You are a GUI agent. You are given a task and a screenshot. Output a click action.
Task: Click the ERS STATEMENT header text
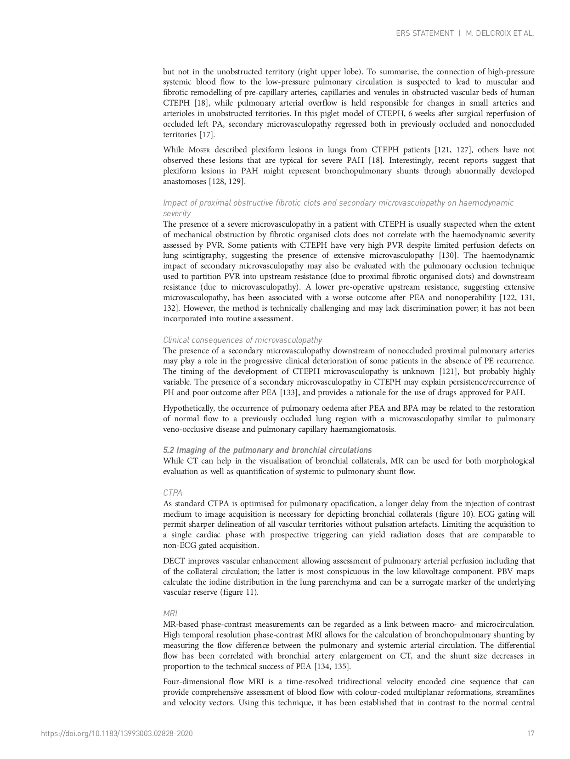coord(424,33)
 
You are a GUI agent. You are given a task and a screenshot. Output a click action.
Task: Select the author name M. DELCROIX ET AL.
coord(500,33)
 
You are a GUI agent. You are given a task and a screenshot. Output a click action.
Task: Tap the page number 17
coord(530,733)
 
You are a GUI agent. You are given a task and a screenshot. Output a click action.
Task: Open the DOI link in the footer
coord(117,733)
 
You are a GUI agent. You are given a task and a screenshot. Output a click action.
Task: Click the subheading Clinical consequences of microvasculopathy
coord(242,340)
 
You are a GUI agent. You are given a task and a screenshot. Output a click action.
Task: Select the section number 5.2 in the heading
coord(169,450)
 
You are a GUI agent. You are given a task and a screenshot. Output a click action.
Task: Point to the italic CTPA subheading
coord(173,493)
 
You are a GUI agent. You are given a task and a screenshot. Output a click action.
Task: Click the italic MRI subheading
coord(170,614)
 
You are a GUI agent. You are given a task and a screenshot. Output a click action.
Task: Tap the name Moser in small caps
coord(199,150)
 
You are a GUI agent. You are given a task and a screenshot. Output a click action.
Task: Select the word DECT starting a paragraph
coord(174,561)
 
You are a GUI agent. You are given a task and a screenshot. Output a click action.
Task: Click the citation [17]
coord(206,135)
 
